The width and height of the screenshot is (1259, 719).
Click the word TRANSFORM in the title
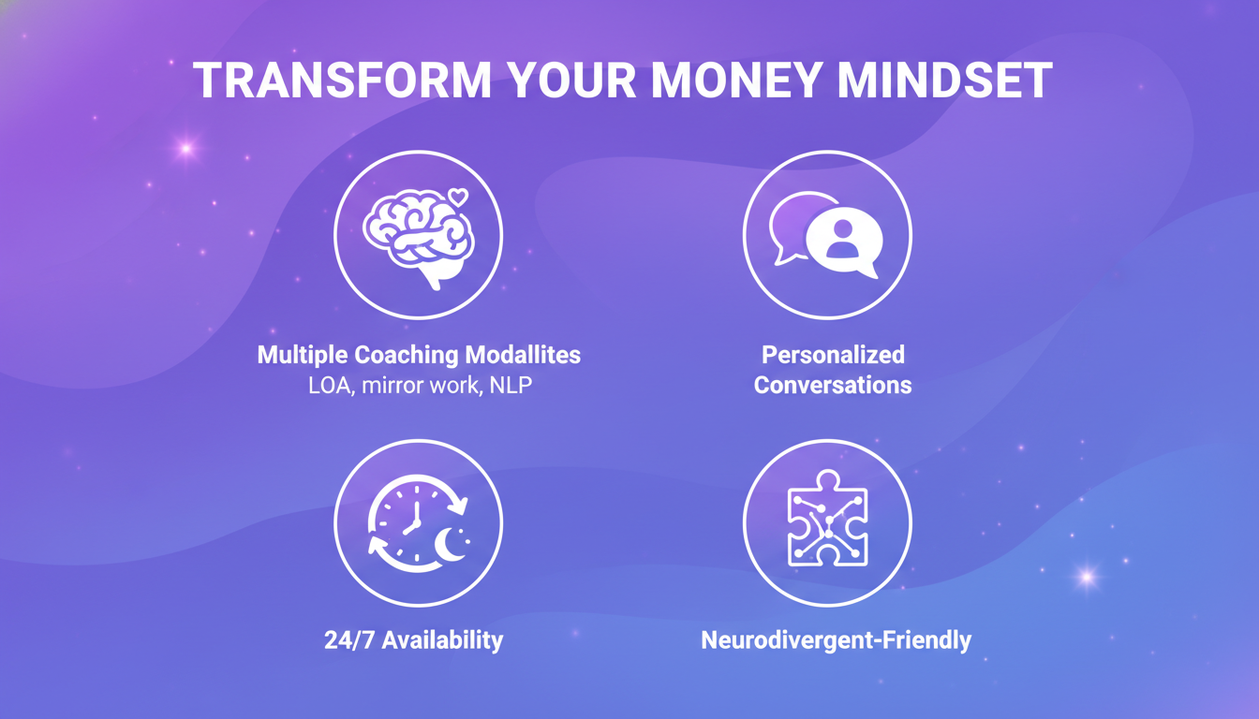tap(343, 81)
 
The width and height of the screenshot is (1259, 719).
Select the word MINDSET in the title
tap(945, 81)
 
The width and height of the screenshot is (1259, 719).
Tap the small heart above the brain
tap(457, 198)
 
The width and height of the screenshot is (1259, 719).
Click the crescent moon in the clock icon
tap(453, 547)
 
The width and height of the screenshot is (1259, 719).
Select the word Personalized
tap(833, 356)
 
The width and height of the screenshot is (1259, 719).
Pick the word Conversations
tap(833, 385)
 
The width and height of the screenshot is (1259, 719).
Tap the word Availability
tap(442, 640)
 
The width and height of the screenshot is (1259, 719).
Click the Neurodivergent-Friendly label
tap(836, 640)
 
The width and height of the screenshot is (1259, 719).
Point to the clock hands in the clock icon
tap(413, 520)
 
